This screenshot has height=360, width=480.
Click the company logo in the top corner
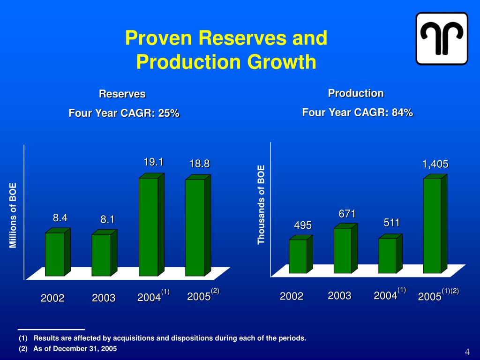click(442, 38)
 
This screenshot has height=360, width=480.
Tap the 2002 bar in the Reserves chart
click(54, 254)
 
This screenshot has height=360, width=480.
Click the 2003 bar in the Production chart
click(342, 250)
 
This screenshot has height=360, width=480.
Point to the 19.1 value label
click(153, 162)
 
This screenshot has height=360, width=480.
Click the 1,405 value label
click(435, 164)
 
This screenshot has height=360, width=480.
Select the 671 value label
click(347, 214)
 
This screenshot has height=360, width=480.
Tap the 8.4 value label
click(60, 217)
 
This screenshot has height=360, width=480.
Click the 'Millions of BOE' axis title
click(13, 216)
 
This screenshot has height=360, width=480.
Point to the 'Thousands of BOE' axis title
click(261, 204)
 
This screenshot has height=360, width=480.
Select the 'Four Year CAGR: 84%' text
click(357, 112)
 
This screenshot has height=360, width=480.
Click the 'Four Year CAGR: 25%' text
click(124, 113)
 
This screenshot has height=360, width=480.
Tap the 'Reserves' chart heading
click(122, 94)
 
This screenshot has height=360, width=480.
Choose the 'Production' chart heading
click(356, 93)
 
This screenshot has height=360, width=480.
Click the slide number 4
click(467, 352)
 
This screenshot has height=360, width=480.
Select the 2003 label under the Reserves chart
click(104, 298)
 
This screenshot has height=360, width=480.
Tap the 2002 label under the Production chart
click(292, 296)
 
